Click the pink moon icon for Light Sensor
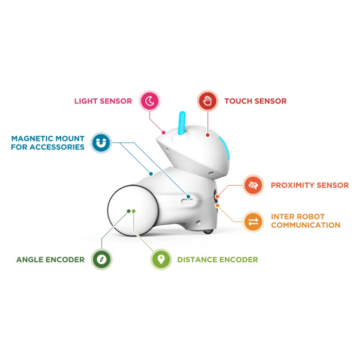point(150,101)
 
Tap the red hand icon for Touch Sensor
point(208,101)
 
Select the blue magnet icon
point(101,142)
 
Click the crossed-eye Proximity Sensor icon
point(253,185)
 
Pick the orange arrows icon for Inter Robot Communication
point(253,222)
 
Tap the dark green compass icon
point(101,259)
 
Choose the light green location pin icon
point(161,259)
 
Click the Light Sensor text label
point(103,101)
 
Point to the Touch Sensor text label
point(256,101)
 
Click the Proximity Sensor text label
point(310,185)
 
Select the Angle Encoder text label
point(50,259)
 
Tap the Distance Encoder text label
point(218,259)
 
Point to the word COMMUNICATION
point(305,225)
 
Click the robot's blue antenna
point(182,123)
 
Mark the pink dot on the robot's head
point(164,133)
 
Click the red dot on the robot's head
point(208,135)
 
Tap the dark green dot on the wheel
point(129,211)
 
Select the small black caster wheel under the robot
point(208,231)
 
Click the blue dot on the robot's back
point(151,174)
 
